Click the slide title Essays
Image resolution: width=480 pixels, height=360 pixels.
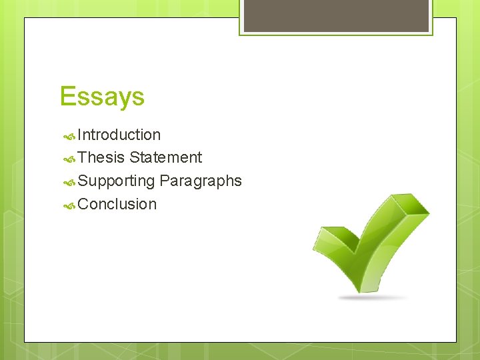101,97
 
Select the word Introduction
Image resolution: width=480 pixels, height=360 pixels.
119,135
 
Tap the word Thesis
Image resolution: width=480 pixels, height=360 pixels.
101,157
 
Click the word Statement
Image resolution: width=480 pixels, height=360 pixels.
166,157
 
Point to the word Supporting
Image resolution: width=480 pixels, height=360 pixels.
116,181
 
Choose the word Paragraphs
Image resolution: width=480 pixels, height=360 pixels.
201,181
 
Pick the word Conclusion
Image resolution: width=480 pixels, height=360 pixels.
117,204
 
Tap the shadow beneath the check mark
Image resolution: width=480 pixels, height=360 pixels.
373,297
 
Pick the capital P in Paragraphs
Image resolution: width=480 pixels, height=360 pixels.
164,181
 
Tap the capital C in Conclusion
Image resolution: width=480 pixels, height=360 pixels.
83,204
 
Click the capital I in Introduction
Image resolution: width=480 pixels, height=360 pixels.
79,135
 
